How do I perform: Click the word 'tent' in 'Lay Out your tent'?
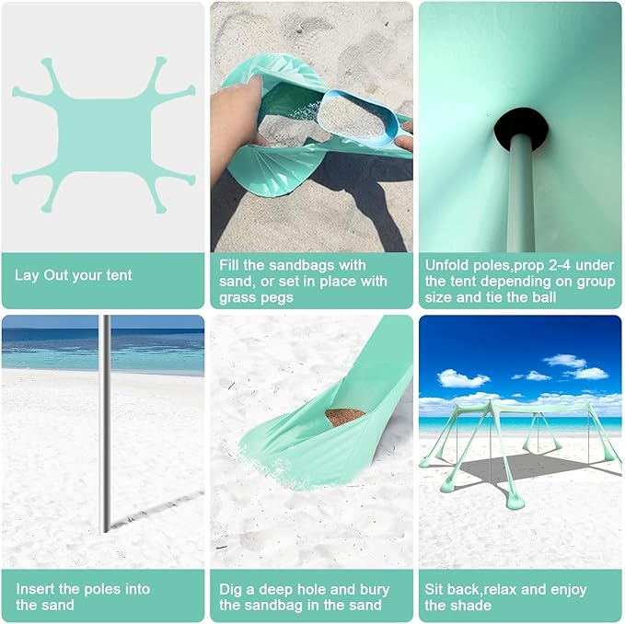point(118,275)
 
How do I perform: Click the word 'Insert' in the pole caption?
point(34,589)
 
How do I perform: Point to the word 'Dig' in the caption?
point(231,589)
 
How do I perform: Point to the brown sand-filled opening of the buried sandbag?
point(345,416)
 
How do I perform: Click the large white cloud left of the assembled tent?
point(463,378)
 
